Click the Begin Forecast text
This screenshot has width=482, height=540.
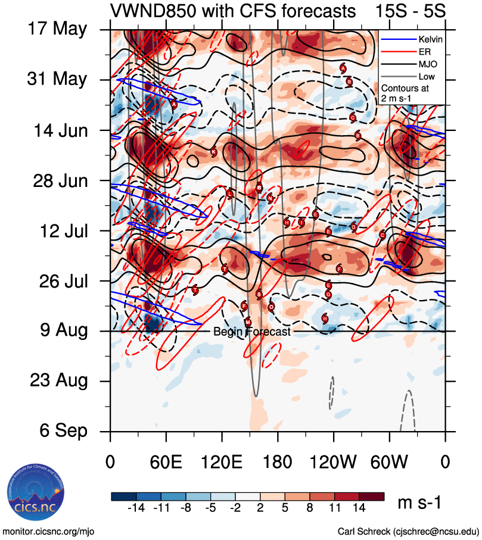click(251, 332)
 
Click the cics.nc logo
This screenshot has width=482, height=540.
click(34, 495)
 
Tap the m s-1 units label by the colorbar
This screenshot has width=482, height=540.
click(421, 503)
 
